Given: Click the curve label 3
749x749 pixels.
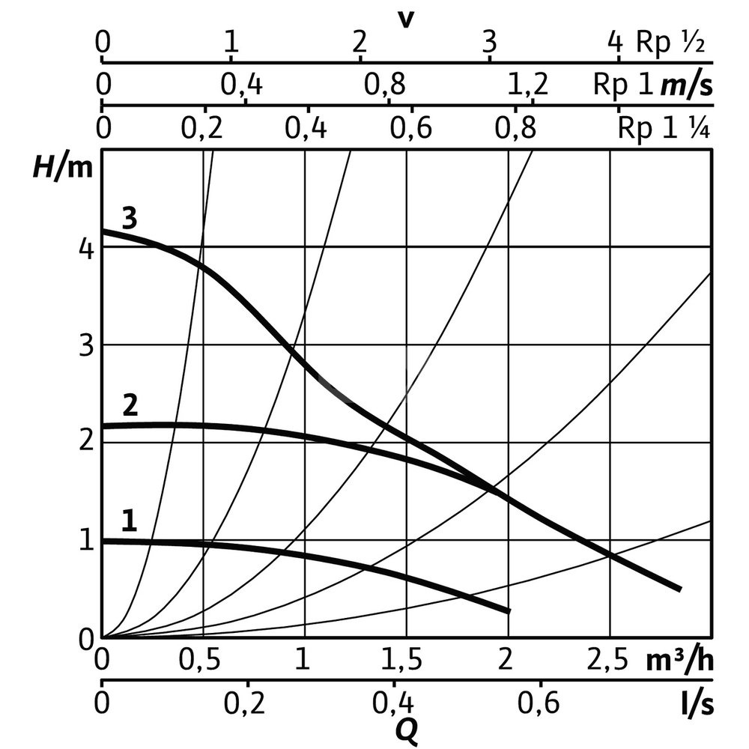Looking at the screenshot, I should click(x=130, y=219).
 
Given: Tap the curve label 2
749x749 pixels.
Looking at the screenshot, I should click(x=130, y=407).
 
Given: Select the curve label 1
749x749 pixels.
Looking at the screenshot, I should click(x=130, y=521).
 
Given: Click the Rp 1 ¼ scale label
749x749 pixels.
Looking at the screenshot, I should click(x=664, y=128).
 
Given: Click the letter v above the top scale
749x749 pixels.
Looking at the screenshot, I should click(x=405, y=16).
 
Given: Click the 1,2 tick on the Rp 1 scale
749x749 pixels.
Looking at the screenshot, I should click(x=527, y=85).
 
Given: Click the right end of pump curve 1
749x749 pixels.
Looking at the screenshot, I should click(x=509, y=611).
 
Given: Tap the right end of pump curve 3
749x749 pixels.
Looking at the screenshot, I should click(x=679, y=589).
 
